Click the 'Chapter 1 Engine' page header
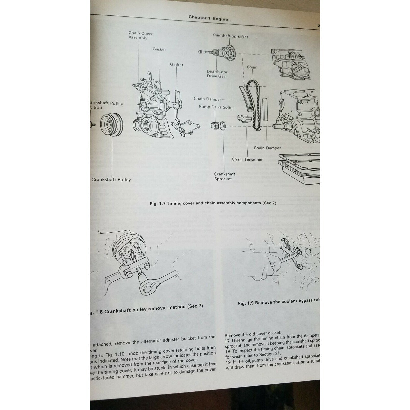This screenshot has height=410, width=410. coord(208,18)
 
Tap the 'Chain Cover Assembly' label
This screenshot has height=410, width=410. coord(140,35)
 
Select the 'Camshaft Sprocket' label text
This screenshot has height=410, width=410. coord(230,36)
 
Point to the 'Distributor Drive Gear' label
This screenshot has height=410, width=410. coord(217,74)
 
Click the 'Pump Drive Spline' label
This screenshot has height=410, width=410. coord(217,107)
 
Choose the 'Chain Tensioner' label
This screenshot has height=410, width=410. coord(247,159)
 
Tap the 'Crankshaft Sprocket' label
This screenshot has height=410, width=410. coord(223,176)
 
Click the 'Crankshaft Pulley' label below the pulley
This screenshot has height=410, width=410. coord(111,179)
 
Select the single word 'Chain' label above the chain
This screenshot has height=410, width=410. coord(252,67)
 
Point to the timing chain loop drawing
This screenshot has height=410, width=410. coord(254,105)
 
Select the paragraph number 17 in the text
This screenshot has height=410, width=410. coord(227,341)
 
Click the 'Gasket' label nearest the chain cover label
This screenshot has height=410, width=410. coord(159,49)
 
